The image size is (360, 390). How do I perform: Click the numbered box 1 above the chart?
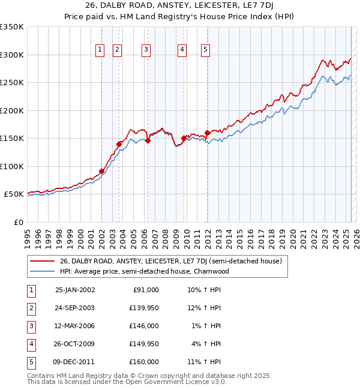[100, 50]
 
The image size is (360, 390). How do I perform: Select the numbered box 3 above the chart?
[146, 50]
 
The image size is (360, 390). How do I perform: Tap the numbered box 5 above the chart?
[205, 50]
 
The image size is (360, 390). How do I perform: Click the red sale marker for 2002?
[102, 171]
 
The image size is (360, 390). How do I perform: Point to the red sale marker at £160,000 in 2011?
[207, 133]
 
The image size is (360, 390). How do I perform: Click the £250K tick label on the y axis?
[12, 83]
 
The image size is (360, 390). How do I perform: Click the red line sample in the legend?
[42, 261]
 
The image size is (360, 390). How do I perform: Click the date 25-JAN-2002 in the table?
[75, 290]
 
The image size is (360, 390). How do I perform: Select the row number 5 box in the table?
[30, 362]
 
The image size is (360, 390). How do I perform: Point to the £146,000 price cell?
[145, 326]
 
